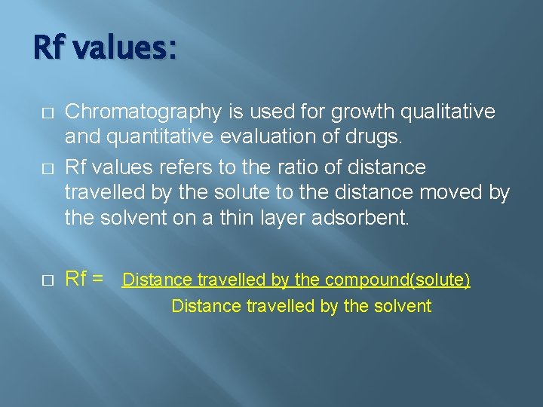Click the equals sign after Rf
tap(98, 279)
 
